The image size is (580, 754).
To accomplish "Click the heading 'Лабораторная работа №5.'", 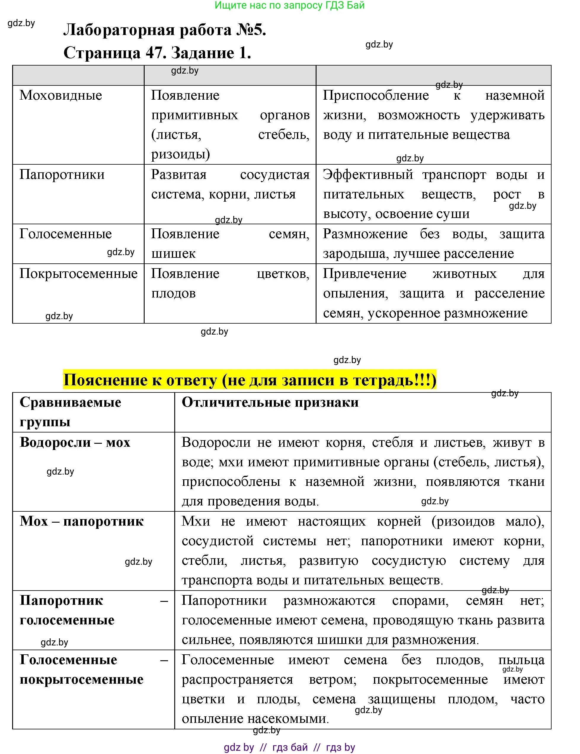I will coord(164,30).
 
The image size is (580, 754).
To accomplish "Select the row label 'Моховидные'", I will coord(61,95).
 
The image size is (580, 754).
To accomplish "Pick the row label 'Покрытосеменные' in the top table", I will coord(79,273).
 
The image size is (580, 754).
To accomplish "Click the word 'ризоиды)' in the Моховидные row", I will coord(180,154).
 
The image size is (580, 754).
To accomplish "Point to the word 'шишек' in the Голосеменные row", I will coord(173,254).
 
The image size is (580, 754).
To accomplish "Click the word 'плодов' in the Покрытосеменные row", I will coord(173,293).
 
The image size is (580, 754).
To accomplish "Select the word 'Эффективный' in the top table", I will coord(368,175).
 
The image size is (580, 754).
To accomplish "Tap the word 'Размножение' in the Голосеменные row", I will coord(365,234).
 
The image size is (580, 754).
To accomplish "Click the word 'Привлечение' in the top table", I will coord(365,274).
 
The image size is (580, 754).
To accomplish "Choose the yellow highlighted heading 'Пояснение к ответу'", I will coord(250,380).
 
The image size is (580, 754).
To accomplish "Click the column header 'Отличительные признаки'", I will coord(270,403).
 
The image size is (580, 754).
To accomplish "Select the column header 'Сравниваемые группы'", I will coord(70,412).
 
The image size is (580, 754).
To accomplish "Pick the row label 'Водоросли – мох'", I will coord(75,442).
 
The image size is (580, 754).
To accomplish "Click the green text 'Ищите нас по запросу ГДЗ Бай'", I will coord(290,5).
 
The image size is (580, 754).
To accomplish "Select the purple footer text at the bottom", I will coord(290,747).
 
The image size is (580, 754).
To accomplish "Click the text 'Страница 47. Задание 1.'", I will coord(157,53).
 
